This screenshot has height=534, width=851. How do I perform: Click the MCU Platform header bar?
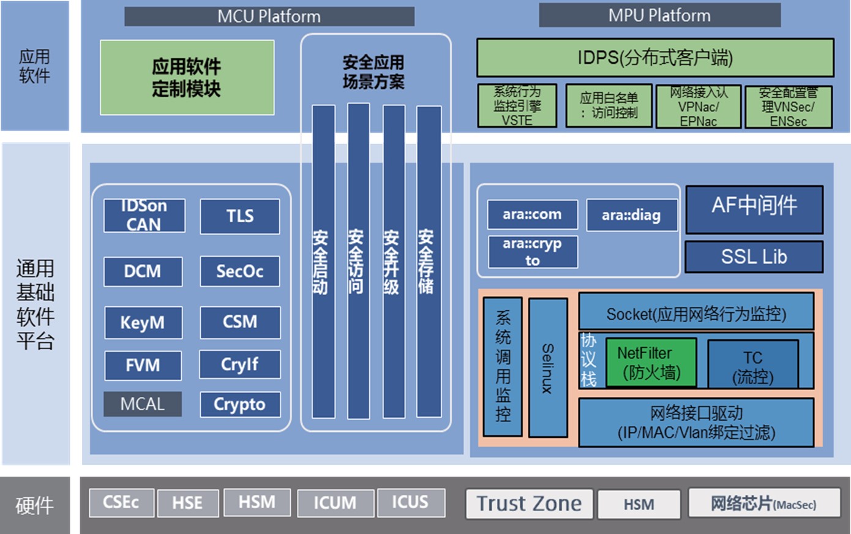(269, 16)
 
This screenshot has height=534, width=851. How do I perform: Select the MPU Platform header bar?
(659, 15)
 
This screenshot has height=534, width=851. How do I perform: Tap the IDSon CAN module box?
(144, 216)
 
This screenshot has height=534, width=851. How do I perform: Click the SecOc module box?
(239, 271)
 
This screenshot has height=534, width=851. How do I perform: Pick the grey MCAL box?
(143, 404)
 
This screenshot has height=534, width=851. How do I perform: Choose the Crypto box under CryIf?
(239, 404)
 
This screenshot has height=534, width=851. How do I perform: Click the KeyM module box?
(143, 322)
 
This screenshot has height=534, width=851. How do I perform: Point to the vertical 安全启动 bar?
(323, 261)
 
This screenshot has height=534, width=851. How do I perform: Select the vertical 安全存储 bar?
(429, 261)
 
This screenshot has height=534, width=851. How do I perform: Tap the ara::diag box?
(631, 215)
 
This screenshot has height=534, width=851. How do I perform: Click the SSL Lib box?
(754, 257)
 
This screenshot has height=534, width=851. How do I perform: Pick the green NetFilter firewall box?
(651, 363)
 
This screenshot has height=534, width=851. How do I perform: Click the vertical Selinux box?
(547, 367)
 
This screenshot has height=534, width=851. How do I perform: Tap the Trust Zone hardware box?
(529, 503)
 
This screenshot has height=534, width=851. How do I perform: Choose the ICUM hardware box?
(335, 503)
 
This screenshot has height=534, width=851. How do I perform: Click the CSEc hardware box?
(121, 502)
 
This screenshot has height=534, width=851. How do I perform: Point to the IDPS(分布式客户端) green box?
(655, 58)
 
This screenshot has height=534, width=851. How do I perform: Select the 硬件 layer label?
(34, 505)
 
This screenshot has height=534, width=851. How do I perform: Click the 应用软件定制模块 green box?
(187, 77)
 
